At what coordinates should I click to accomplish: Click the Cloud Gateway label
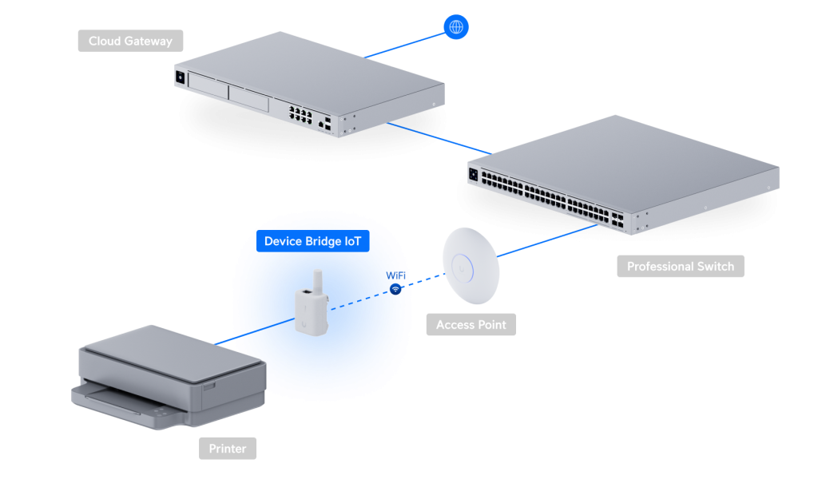point(130,41)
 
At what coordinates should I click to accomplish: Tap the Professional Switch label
point(680,267)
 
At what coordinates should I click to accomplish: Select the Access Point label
point(471,325)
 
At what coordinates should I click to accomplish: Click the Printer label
point(228,449)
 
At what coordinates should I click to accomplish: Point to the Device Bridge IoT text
point(313,240)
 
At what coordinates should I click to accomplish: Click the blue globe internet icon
point(456,27)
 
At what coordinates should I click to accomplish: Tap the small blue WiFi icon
point(395,289)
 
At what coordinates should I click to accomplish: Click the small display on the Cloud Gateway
point(179,78)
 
